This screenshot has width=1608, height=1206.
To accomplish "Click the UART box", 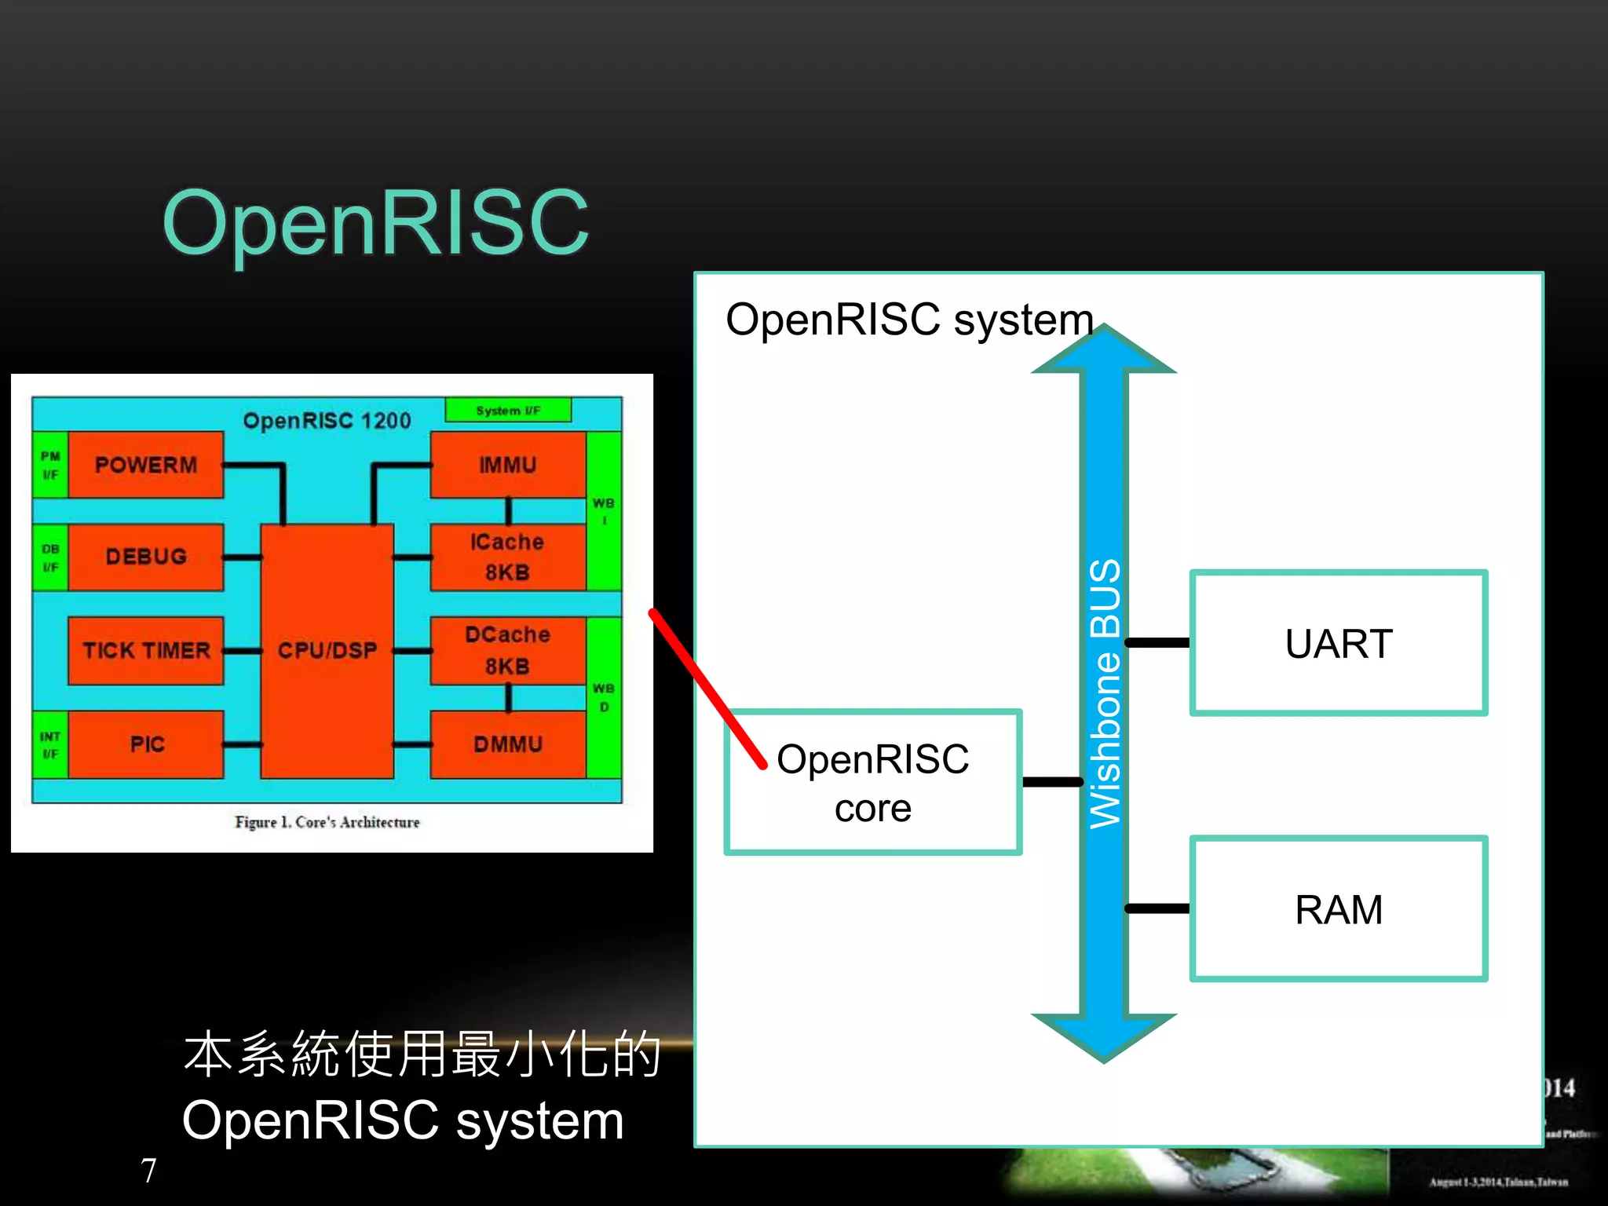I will coord(1338,643).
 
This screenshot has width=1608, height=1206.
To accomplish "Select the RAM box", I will coord(1338,909).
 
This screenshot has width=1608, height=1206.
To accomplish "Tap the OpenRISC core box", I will coord(872,782).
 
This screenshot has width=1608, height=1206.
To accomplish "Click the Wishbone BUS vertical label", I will coord(1105,693).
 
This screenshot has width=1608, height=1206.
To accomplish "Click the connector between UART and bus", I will coord(1158,642).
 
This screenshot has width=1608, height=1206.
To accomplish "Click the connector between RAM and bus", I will coord(1158,908).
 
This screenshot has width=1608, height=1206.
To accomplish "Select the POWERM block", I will coord(145,465).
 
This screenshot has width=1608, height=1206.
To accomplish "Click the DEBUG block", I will coord(145,557).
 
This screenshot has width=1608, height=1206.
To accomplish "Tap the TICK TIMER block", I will coord(145,650).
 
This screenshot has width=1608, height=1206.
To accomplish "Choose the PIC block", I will coord(146,744).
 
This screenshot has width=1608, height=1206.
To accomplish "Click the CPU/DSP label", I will coord(327,650).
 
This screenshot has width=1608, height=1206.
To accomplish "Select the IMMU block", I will coord(507,465).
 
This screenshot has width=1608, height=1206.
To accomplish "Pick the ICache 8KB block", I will coord(507,557).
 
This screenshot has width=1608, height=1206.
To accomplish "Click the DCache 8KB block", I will coord(507,650).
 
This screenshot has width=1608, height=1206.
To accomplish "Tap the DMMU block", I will coord(507,744).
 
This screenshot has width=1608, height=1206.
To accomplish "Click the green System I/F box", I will coord(508,410).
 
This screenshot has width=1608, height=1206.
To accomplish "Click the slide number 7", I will coord(148,1170).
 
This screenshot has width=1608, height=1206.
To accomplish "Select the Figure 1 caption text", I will coord(327,822).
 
